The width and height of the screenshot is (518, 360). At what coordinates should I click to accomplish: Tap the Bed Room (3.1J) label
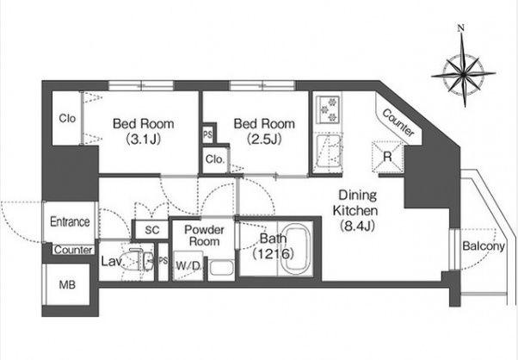click(144, 132)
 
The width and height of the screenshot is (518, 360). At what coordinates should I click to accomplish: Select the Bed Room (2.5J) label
click(264, 132)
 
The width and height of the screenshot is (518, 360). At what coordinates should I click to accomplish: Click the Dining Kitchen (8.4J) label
click(356, 211)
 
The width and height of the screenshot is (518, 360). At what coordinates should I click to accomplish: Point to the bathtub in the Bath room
click(297, 249)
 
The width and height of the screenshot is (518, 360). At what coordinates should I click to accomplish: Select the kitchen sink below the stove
click(328, 151)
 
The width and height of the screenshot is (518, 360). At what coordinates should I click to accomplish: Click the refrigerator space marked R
click(387, 157)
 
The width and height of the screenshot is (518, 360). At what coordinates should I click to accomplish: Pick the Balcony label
click(484, 246)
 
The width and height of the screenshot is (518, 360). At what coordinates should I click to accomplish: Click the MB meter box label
click(67, 284)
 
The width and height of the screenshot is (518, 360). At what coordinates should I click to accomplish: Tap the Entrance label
click(70, 221)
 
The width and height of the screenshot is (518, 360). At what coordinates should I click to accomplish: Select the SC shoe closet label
click(152, 230)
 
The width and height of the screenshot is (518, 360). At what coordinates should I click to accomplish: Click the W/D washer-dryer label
click(188, 265)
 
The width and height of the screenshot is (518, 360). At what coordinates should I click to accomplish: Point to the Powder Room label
click(204, 235)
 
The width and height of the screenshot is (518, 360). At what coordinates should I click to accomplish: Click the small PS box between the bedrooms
click(207, 135)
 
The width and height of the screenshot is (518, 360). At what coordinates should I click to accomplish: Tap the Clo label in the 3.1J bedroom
click(67, 118)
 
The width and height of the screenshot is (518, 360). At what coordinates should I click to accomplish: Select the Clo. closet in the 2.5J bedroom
click(215, 159)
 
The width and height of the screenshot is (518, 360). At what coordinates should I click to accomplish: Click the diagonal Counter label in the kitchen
click(398, 122)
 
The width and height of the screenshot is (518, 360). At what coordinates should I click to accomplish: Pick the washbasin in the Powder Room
click(221, 269)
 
